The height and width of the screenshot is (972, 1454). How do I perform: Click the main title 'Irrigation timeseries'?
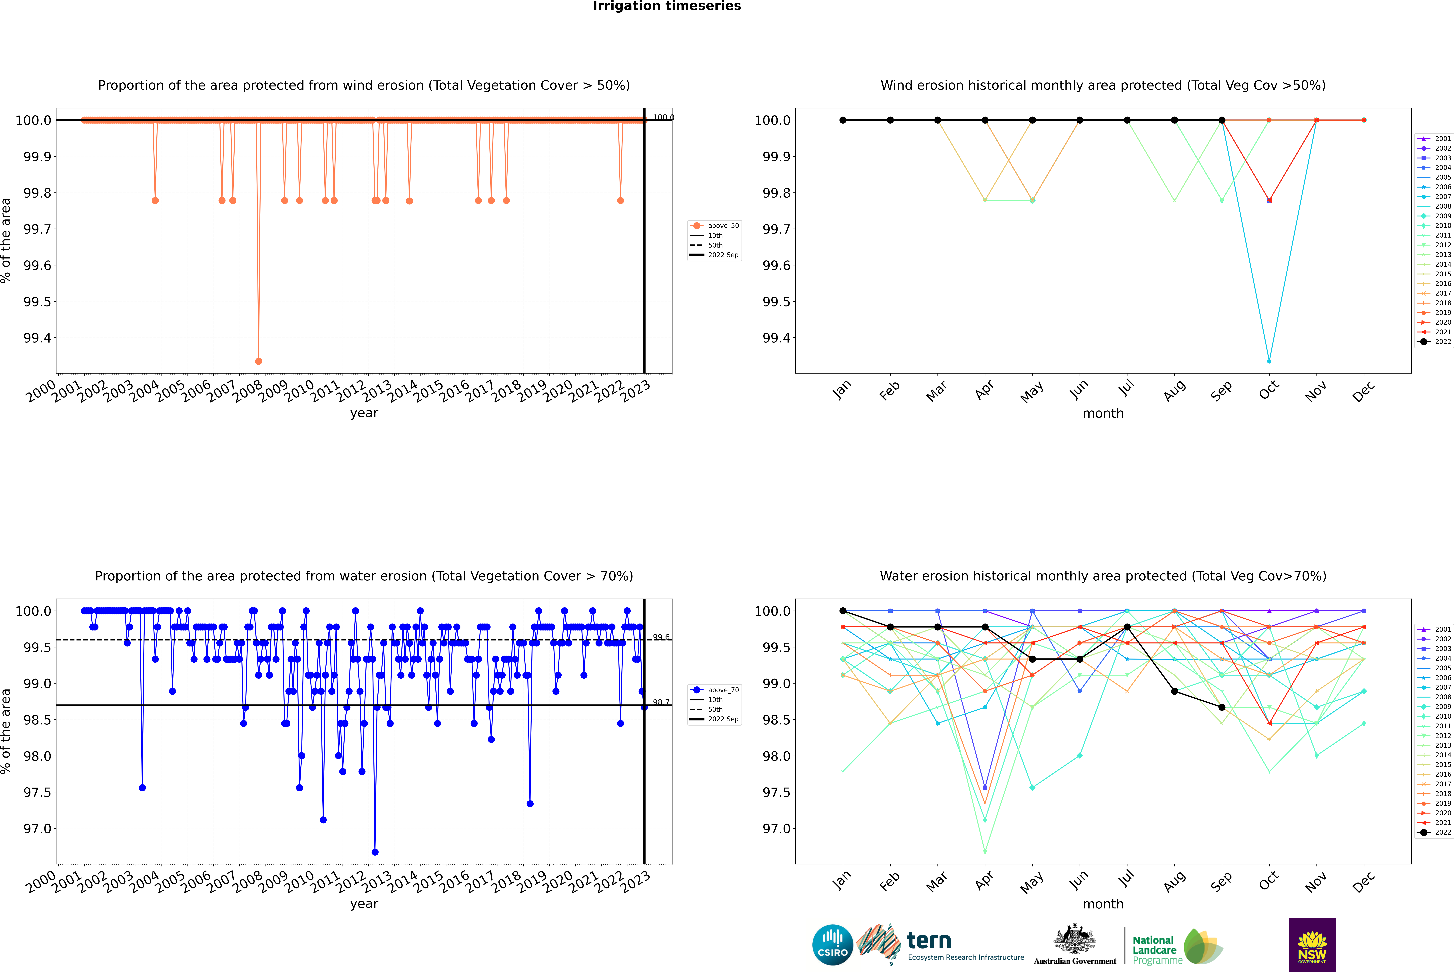667,6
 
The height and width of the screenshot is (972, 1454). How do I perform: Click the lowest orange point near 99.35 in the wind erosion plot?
258,361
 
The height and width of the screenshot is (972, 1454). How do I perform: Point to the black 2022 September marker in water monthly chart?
1222,707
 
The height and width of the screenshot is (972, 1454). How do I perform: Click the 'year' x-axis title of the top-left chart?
364,413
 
